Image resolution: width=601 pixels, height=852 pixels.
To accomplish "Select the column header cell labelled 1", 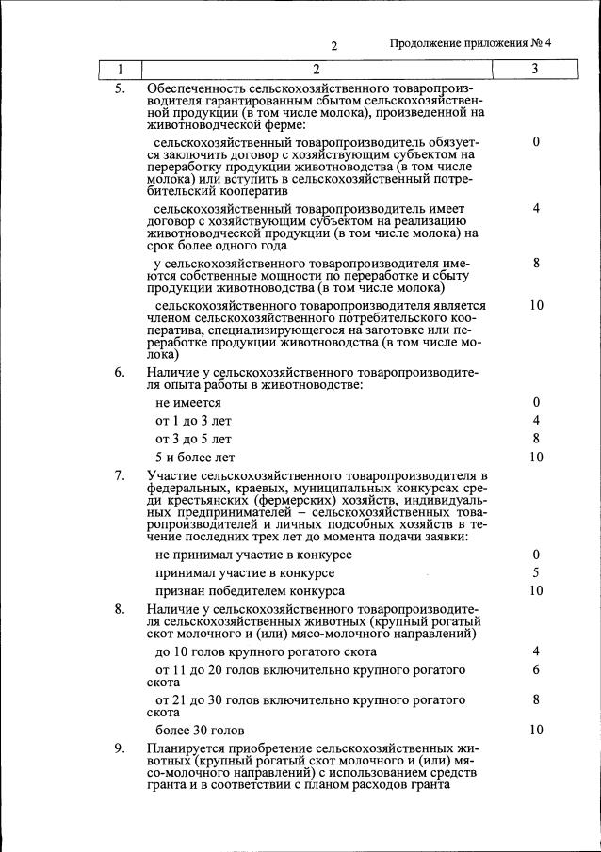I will point(120,70).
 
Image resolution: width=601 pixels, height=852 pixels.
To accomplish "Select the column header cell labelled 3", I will point(535,70).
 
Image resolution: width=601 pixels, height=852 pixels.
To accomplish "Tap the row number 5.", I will point(120,88).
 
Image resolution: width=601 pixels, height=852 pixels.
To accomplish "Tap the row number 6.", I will point(120,372).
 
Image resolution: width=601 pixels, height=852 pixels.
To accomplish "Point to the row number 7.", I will point(120,475).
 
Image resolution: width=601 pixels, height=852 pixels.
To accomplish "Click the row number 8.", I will point(120,609).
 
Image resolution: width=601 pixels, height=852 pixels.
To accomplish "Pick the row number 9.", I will point(120,748).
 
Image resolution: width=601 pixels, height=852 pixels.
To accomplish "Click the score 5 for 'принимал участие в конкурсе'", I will point(535,572).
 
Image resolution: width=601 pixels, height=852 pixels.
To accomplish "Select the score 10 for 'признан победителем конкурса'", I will point(536,590).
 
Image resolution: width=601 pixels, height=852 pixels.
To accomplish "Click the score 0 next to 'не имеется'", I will point(535,402).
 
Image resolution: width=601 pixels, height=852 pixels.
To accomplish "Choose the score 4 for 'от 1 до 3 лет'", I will point(535,420).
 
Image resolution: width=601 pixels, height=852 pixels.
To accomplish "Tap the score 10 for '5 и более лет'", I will point(536,457).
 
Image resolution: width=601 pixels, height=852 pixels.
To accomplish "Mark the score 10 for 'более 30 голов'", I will point(536,730).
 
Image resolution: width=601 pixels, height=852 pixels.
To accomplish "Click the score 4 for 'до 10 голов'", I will point(535,651).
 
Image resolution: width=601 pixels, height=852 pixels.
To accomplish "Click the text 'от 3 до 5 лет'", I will point(193,439).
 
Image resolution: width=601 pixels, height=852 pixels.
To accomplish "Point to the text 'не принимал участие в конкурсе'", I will point(253,555).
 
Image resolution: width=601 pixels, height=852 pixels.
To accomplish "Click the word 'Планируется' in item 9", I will point(187,748).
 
